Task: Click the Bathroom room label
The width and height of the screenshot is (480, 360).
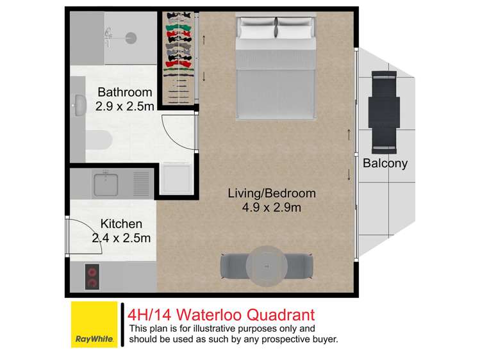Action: point(124,92)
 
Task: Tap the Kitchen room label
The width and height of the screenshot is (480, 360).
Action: point(121,224)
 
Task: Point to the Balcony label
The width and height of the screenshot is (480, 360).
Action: point(385,163)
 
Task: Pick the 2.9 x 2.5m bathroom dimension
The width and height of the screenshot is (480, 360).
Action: point(124,106)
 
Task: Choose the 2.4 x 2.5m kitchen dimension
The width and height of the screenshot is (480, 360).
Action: point(121,238)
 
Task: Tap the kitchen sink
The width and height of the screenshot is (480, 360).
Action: point(106,184)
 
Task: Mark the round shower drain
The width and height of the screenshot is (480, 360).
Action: point(131,38)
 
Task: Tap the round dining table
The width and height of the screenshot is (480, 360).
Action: point(265,264)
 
